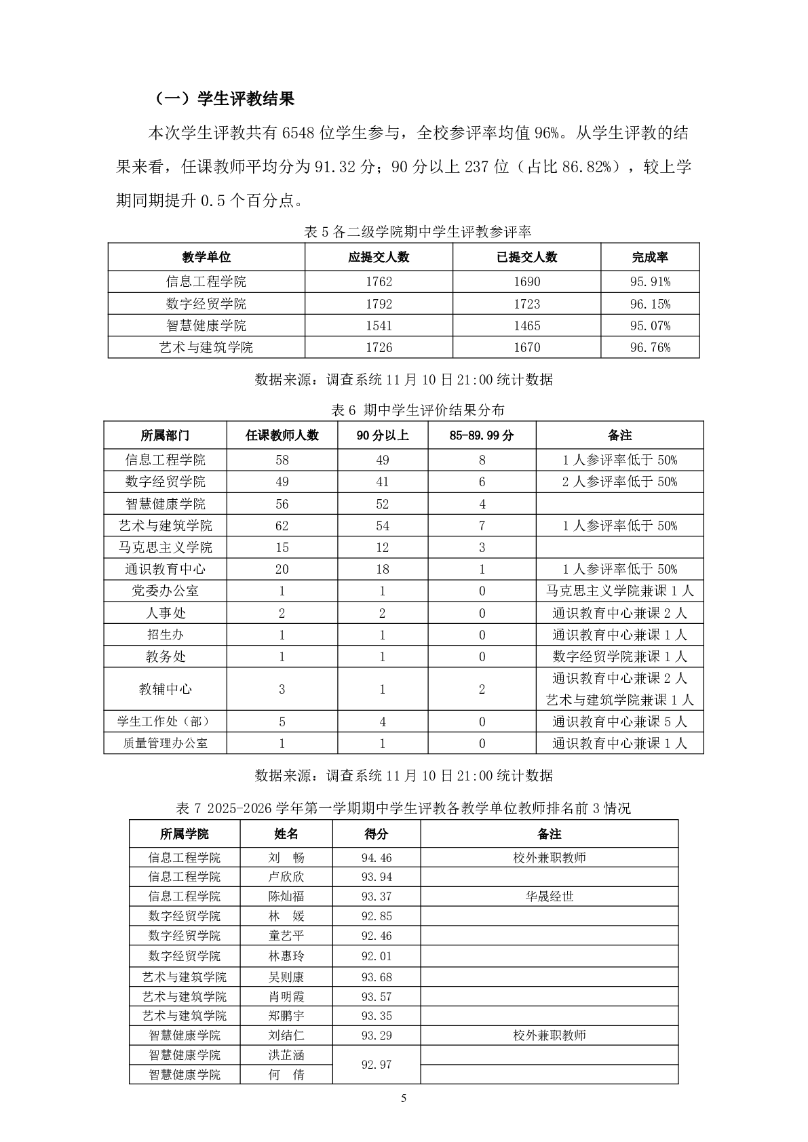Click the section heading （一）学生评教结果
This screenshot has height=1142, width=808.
point(225,99)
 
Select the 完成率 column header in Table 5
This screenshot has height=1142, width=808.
point(649,257)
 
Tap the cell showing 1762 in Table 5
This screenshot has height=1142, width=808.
point(379,281)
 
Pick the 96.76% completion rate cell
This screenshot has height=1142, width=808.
point(649,347)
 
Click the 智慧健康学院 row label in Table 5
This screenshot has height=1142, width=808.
point(206,326)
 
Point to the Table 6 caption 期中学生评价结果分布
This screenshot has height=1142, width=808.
point(417,410)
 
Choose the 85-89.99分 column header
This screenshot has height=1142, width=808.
point(482,435)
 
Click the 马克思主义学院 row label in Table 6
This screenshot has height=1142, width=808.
point(166,547)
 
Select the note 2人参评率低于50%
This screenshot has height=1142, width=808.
point(619,481)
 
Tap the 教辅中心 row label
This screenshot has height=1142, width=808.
point(166,689)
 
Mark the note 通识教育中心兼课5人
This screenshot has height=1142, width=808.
point(619,722)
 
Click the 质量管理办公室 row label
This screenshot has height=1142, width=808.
point(166,743)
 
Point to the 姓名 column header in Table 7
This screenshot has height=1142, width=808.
point(286,834)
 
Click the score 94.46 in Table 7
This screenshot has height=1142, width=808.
point(377,858)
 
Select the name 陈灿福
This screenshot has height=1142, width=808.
point(286,897)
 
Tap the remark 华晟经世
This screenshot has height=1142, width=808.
point(550,897)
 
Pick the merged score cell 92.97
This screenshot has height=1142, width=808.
point(377,1065)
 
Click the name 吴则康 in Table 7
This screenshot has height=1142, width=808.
point(286,977)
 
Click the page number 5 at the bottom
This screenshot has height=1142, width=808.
point(404,1099)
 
